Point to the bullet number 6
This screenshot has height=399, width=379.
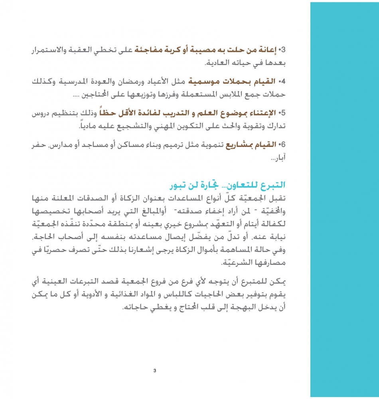[x=284, y=144]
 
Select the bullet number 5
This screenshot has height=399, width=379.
[x=284, y=113]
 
